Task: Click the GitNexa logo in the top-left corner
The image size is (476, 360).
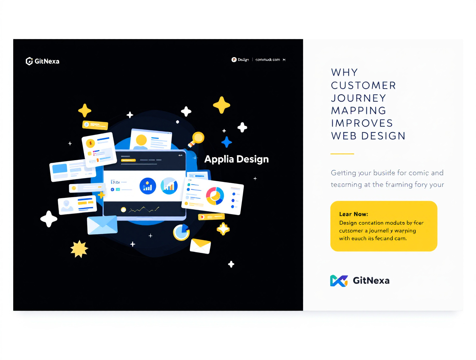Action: [x=42, y=61]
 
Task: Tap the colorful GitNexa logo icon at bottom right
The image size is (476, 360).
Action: [x=339, y=281]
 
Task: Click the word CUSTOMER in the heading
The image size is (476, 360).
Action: [x=363, y=85]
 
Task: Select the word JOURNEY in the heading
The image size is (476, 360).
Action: [x=359, y=98]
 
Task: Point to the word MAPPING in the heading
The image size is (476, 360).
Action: [x=359, y=111]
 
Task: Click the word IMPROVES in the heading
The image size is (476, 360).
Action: [x=362, y=123]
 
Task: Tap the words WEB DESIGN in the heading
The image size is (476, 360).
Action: [x=368, y=136]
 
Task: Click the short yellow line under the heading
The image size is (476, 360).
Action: [x=342, y=154]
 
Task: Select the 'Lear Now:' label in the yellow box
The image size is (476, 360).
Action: [x=353, y=214]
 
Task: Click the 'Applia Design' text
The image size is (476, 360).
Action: [x=236, y=159]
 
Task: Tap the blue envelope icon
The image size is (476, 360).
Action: [x=102, y=225]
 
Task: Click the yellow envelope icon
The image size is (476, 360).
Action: [x=200, y=246]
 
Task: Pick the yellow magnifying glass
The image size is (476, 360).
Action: [x=197, y=139]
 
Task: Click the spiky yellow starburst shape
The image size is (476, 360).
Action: [x=79, y=249]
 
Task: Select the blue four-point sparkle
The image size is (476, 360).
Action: [x=226, y=142]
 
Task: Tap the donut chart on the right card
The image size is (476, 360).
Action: [x=215, y=196]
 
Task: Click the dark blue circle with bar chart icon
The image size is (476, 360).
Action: [x=148, y=186]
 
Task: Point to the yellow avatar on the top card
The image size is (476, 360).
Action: [x=141, y=140]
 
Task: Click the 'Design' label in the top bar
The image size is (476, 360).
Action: [x=243, y=60]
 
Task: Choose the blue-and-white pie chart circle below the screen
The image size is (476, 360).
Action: [x=181, y=232]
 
